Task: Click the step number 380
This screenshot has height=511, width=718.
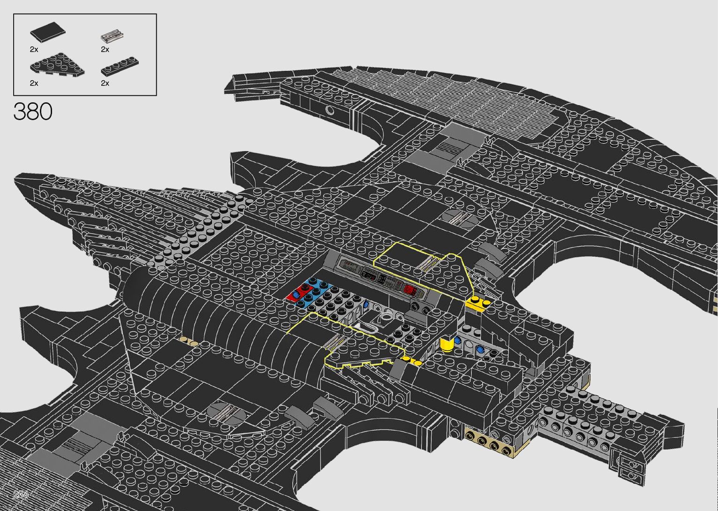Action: tap(33, 112)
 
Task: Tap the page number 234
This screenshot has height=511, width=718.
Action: tap(21, 495)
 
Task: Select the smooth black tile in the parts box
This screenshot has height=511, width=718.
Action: tap(47, 32)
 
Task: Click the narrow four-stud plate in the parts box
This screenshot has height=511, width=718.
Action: tap(120, 66)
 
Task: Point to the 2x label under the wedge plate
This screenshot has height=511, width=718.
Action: tap(34, 83)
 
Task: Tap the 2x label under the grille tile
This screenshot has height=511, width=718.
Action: tap(105, 49)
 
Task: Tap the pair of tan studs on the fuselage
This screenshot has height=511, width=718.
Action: tap(189, 341)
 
